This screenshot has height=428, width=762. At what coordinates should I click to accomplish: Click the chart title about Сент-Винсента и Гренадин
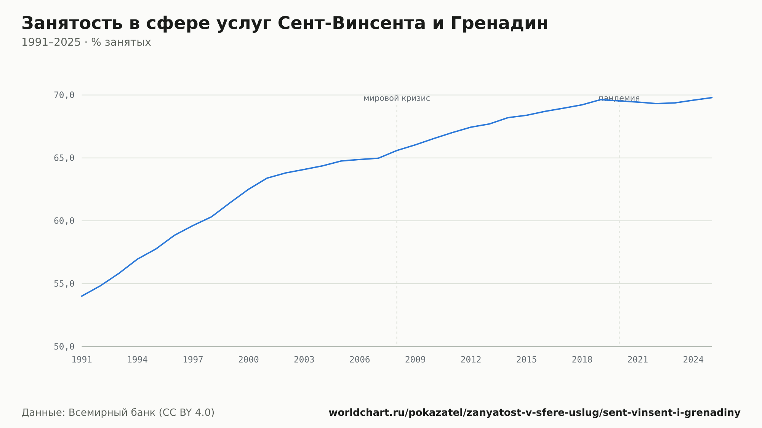[285, 23]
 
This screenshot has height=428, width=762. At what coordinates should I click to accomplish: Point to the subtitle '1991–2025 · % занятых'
[86, 42]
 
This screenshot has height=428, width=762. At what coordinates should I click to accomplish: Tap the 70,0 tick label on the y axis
[64, 95]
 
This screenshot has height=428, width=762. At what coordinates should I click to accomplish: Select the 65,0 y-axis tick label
[64, 158]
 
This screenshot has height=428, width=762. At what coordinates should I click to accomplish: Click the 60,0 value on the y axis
[64, 221]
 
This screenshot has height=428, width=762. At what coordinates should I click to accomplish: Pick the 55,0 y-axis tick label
[64, 284]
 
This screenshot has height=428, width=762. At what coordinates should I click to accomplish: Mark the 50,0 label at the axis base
[64, 347]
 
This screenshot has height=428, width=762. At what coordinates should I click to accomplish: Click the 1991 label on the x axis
[82, 360]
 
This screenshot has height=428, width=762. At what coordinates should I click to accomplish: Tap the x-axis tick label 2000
[248, 360]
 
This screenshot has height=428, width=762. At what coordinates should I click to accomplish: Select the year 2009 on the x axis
[415, 360]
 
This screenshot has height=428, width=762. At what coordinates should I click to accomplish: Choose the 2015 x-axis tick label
[527, 360]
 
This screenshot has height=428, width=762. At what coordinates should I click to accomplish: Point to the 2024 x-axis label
[693, 360]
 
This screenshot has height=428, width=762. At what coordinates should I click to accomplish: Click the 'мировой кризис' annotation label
[397, 98]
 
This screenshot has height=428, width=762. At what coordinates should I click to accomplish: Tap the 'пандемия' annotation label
[619, 98]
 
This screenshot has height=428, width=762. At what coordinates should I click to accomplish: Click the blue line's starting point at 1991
[82, 296]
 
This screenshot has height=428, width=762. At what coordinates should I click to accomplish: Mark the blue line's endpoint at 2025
[712, 97]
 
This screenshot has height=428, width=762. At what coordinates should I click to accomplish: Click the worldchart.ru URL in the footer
[535, 412]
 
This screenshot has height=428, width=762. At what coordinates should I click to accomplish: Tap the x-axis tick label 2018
[582, 360]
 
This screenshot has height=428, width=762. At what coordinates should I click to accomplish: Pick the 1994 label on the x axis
[137, 360]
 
